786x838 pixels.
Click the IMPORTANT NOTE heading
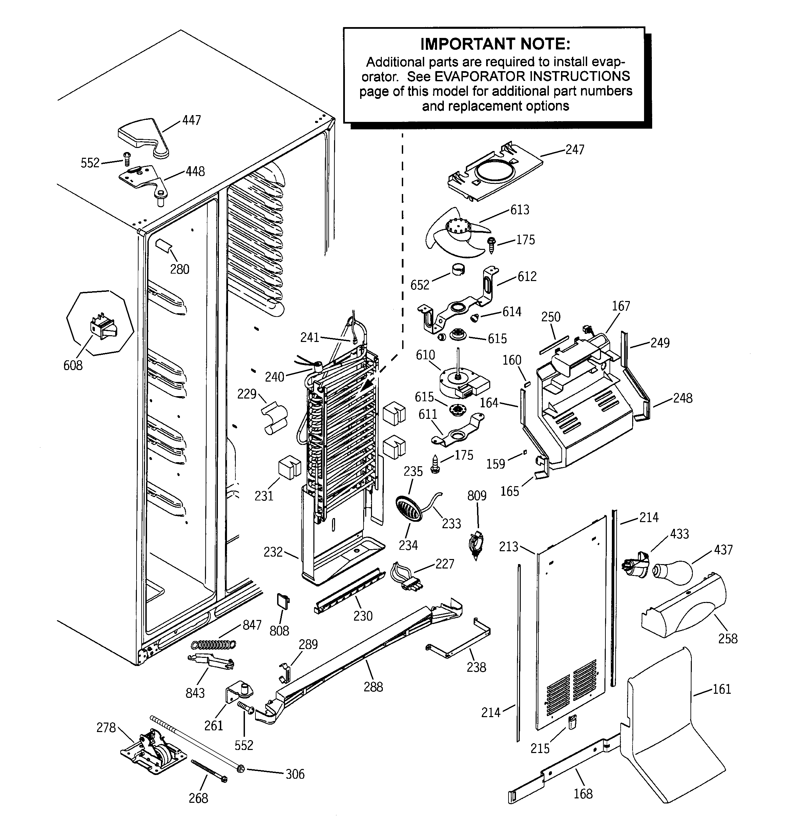coord(495,44)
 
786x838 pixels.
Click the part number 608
coord(73,365)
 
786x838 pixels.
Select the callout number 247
coord(575,150)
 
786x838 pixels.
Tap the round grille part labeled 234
coord(408,508)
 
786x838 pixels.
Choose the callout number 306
coord(295,774)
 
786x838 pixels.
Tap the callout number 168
coord(583,794)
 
